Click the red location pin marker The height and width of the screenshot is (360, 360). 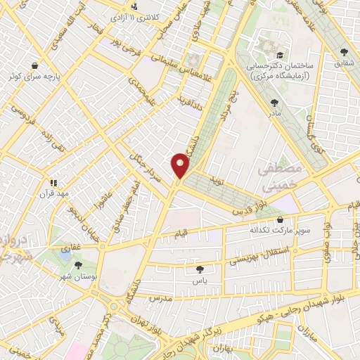(x=181, y=165)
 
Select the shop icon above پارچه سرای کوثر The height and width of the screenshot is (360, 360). (x=34, y=66)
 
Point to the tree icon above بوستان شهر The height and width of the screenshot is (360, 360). (x=77, y=264)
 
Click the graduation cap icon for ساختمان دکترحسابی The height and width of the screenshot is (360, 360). (x=280, y=54)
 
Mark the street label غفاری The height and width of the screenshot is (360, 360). (x=72, y=247)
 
